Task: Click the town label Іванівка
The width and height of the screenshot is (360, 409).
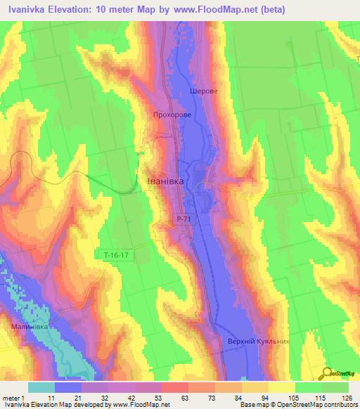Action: coord(165,181)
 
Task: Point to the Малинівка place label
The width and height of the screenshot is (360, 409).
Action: coord(29,326)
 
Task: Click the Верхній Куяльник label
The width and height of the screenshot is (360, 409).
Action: coord(259,342)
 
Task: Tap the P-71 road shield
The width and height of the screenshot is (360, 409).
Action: coord(184,220)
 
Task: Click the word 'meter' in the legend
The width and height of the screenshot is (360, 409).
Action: coord(10,398)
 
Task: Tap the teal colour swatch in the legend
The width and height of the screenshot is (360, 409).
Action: coord(41,387)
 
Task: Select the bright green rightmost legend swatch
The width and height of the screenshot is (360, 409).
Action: coord(335,387)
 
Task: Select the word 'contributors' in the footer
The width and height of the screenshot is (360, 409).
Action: coord(340,405)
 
